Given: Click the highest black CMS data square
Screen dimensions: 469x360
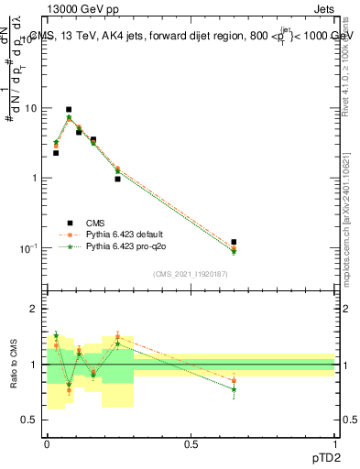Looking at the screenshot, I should (68, 109).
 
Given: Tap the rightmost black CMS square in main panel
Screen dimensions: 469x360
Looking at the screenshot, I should (234, 242).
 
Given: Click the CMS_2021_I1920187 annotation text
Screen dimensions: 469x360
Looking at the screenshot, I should (191, 274).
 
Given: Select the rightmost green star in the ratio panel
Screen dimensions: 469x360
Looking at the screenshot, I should (234, 389).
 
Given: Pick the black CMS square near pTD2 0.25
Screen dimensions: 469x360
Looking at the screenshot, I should (117, 179).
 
